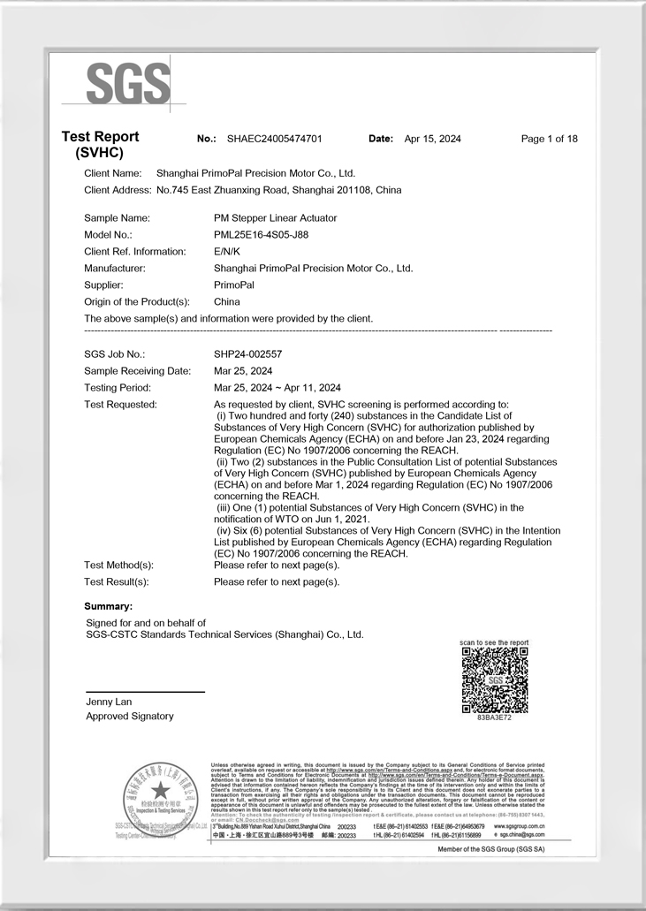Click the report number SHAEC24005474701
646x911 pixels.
pyautogui.click(x=274, y=139)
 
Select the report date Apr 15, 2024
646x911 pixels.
pyautogui.click(x=432, y=139)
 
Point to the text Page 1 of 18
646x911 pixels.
pyautogui.click(x=550, y=139)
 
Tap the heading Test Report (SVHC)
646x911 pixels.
pyautogui.click(x=100, y=144)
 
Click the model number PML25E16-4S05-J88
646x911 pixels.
pyautogui.click(x=261, y=235)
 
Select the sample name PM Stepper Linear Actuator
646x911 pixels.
pyautogui.click(x=275, y=218)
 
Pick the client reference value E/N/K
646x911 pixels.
pyautogui.click(x=227, y=252)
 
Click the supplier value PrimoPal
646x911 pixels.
pyautogui.click(x=234, y=285)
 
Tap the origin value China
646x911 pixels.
pyautogui.click(x=227, y=302)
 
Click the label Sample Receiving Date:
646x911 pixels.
pyautogui.click(x=137, y=371)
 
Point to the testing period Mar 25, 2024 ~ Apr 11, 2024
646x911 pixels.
pyautogui.click(x=277, y=388)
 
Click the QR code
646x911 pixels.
pyautogui.click(x=495, y=679)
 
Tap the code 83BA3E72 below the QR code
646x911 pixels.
pyautogui.click(x=495, y=717)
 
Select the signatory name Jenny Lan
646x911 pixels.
pyautogui.click(x=109, y=702)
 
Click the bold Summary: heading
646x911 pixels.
pyautogui.click(x=108, y=606)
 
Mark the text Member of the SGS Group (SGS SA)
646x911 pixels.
pyautogui.click(x=491, y=849)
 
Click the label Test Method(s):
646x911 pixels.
pyautogui.click(x=118, y=565)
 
